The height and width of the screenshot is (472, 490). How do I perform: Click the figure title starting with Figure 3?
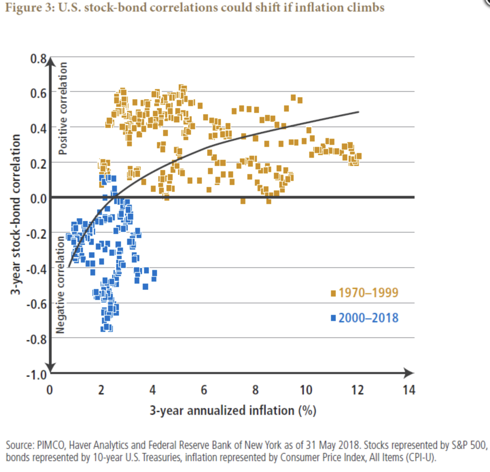coord(194,7)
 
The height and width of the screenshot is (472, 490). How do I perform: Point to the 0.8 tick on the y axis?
coord(38,58)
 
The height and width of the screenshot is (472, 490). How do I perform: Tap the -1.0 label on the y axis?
coord(36,375)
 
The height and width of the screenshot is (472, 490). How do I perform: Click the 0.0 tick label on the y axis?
coord(38,198)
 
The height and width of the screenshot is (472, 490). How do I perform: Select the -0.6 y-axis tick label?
coord(36,304)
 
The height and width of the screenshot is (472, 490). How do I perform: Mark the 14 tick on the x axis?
coord(409,390)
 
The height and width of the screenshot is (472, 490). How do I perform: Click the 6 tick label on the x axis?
coord(204,390)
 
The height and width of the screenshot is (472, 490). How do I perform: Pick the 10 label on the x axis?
coord(306,390)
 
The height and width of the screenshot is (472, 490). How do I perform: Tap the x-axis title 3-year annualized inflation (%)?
coord(233,410)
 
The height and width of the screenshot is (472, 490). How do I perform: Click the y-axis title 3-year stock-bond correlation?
coord(15,214)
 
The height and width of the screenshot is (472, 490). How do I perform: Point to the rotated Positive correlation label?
coord(63,108)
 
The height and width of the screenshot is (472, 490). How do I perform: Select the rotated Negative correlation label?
coord(60,285)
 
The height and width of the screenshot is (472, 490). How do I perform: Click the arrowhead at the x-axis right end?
coord(410,373)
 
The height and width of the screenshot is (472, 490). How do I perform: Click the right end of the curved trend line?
coord(358,112)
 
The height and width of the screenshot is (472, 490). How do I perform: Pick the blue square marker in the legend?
coord(333,318)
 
